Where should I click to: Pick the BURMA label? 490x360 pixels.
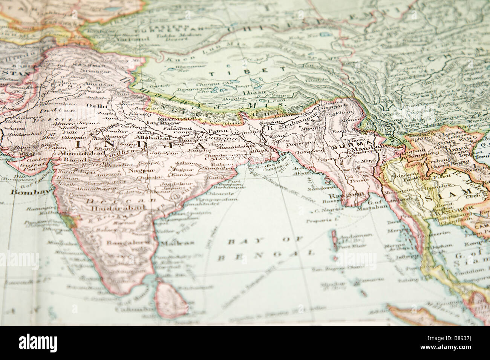pyautogui.click(x=343, y=143)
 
